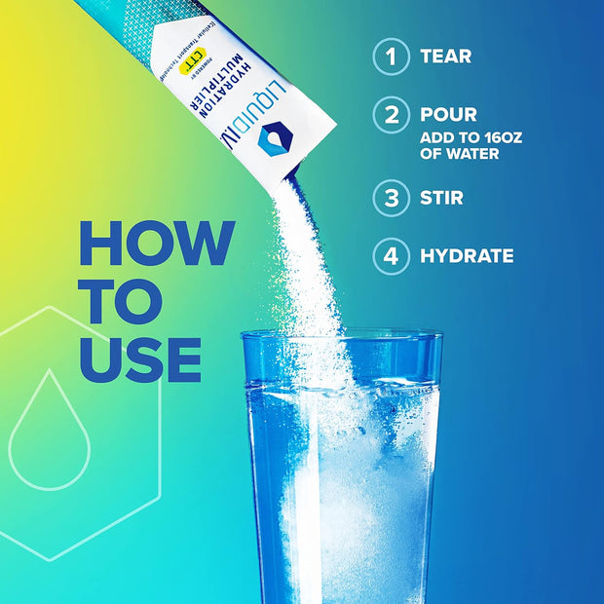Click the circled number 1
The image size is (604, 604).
pyautogui.click(x=391, y=57)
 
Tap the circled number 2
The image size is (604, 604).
pyautogui.click(x=391, y=116)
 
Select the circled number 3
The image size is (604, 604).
pyautogui.click(x=391, y=198)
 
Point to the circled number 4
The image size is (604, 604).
pyautogui.click(x=391, y=257)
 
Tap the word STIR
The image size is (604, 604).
pyautogui.click(x=441, y=198)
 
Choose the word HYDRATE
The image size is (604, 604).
pyautogui.click(x=467, y=257)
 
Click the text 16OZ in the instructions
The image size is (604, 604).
pyautogui.click(x=498, y=137)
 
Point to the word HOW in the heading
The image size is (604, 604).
pyautogui.click(x=156, y=244)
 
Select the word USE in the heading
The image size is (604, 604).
pyautogui.click(x=140, y=359)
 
